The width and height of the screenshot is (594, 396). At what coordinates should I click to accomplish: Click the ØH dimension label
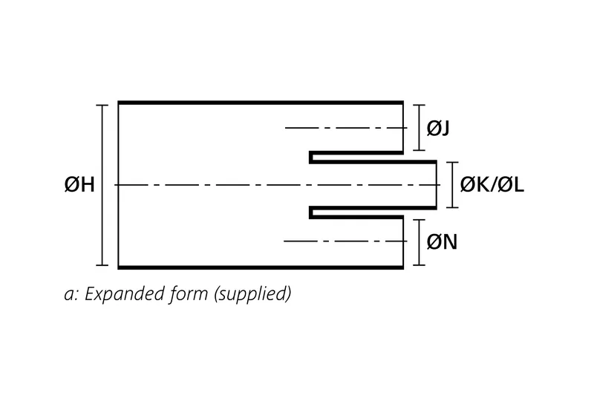pos(79,185)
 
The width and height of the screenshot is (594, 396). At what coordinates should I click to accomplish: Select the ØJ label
pos(439,128)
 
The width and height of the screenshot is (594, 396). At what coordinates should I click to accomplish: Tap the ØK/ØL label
pos(492,185)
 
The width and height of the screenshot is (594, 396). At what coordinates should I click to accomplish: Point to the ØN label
pos(441,241)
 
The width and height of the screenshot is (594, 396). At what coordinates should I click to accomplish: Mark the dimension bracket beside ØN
pos(421,241)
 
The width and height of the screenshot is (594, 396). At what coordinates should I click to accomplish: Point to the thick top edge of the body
pos(260,101)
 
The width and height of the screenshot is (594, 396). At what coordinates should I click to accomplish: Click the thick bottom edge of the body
pos(260,267)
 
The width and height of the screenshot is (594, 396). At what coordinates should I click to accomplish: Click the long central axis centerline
pos(223,184)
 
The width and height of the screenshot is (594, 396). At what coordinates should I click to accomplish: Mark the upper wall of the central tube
pos(371,160)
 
